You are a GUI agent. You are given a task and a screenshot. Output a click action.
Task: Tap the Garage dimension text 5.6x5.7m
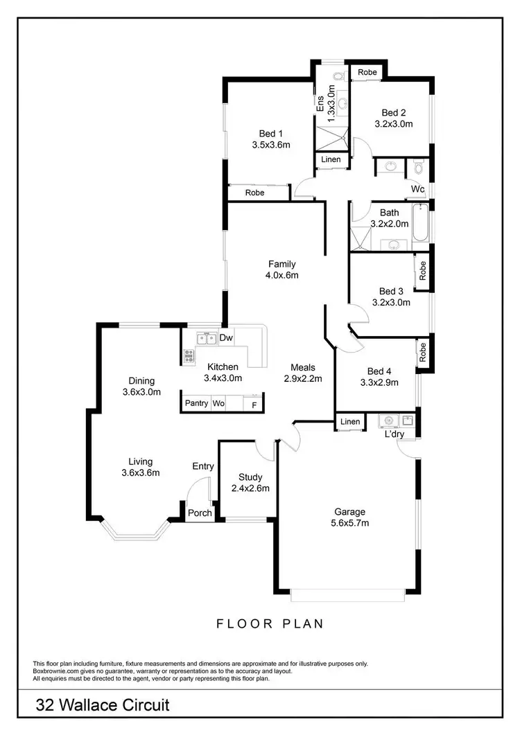(349, 523)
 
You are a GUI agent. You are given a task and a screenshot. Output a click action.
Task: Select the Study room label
(250, 477)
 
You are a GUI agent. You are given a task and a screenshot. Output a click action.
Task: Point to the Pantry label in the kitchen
(196, 403)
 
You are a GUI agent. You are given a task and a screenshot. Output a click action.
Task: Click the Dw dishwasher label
(226, 338)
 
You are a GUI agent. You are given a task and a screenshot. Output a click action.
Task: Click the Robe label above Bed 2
(367, 72)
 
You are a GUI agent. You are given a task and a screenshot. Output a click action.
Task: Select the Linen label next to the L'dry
(350, 422)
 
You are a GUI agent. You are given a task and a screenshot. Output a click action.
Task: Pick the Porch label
(199, 513)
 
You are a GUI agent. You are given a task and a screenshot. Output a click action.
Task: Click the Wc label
(417, 189)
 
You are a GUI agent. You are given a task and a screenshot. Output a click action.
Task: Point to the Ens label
(320, 104)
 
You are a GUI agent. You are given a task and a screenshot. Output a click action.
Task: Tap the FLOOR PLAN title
(270, 623)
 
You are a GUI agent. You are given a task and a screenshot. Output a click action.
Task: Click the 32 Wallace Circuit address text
(103, 706)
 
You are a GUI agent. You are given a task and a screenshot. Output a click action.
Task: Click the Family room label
(282, 264)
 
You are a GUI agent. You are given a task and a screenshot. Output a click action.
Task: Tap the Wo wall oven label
(218, 403)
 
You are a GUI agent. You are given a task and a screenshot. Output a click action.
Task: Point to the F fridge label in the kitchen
(254, 404)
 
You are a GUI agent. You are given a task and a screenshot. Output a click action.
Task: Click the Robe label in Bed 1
(255, 193)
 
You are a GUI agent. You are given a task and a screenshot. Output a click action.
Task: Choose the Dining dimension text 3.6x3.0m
(141, 391)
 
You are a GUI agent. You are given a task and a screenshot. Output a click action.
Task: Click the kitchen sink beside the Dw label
(205, 339)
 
